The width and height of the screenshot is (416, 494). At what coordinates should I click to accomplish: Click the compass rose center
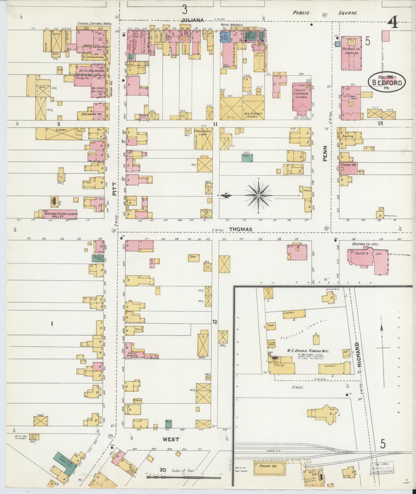click(x=258, y=195)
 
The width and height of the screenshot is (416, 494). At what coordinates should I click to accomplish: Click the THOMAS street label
click(x=240, y=229)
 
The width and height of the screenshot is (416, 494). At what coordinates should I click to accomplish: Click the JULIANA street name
click(x=192, y=20)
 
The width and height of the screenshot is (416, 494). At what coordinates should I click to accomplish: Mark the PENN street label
click(x=324, y=153)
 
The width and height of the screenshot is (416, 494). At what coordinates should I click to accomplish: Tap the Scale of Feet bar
click(x=184, y=477)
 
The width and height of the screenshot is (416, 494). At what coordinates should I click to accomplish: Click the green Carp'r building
click(x=247, y=158)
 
